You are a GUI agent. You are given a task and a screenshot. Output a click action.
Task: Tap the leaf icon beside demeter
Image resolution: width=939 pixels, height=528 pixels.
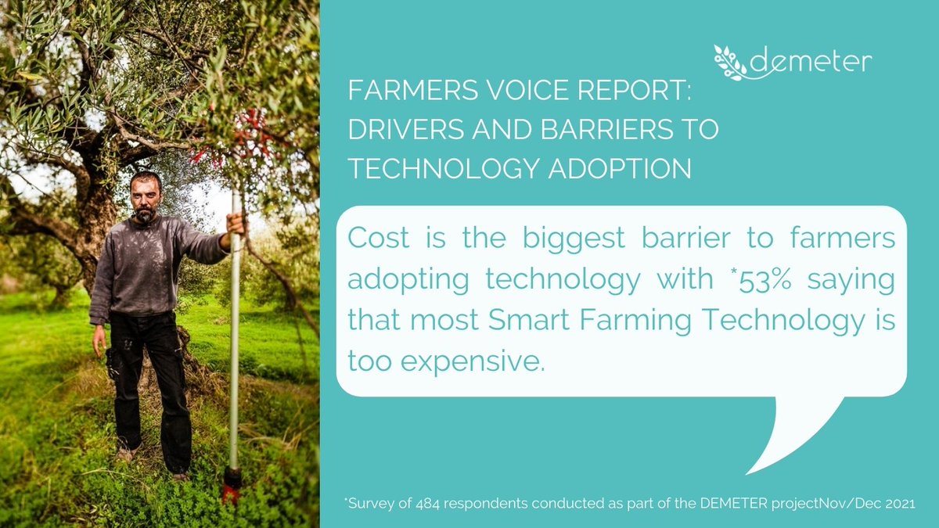tap(732, 62)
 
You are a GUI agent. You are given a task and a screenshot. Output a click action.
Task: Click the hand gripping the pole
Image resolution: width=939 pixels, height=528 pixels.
tap(233, 222)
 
